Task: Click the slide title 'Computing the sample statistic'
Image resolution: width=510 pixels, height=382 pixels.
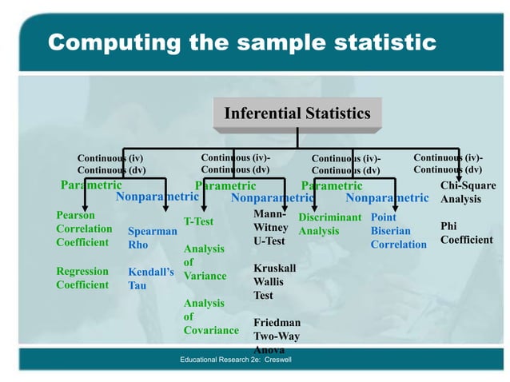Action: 242,42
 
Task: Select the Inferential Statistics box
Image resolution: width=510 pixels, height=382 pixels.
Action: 297,113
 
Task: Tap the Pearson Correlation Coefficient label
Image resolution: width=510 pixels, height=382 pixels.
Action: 84,229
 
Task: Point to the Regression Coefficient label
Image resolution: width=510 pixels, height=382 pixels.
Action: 82,278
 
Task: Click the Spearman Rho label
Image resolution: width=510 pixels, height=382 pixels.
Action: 152,238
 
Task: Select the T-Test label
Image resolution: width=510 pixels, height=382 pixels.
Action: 198,221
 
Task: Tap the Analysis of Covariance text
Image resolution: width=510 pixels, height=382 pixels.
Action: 210,316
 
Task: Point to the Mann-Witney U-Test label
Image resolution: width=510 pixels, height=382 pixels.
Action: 269,228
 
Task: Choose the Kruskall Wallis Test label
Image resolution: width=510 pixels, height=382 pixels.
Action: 274,281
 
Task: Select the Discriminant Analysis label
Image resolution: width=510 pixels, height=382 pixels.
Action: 329,224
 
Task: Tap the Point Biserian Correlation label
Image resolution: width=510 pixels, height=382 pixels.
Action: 398,231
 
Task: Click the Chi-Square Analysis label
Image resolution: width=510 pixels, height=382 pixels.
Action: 468,193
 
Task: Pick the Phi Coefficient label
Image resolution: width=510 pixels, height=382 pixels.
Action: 466,233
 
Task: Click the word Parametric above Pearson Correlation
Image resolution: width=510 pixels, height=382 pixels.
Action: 91,185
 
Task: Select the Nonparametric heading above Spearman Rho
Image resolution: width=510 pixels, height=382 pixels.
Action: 157,196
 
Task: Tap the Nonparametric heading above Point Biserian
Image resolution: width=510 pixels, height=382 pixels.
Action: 387,197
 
